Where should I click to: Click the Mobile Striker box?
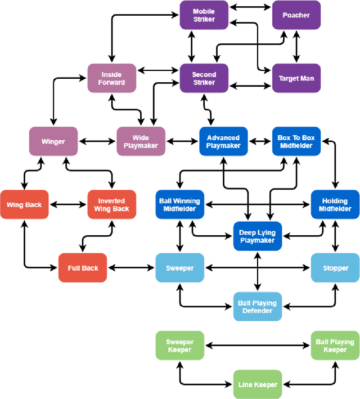click(204, 15)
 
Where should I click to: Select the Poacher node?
click(296, 15)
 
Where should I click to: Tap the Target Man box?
click(296, 78)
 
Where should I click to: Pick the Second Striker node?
click(204, 78)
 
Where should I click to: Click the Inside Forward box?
click(111, 78)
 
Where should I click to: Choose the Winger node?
click(53, 141)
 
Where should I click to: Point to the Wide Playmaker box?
click(141, 141)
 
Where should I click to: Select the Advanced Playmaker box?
click(223, 141)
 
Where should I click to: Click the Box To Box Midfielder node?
click(296, 141)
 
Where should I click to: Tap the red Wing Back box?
click(24, 204)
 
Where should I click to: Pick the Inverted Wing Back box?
click(111, 204)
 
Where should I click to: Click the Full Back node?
click(83, 268)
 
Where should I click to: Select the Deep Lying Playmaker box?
click(257, 236)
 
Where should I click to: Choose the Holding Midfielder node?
click(335, 204)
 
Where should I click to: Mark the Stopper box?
click(335, 268)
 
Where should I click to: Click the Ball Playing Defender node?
click(257, 307)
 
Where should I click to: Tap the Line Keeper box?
click(257, 384)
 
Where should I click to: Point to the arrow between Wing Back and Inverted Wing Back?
click(67, 204)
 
